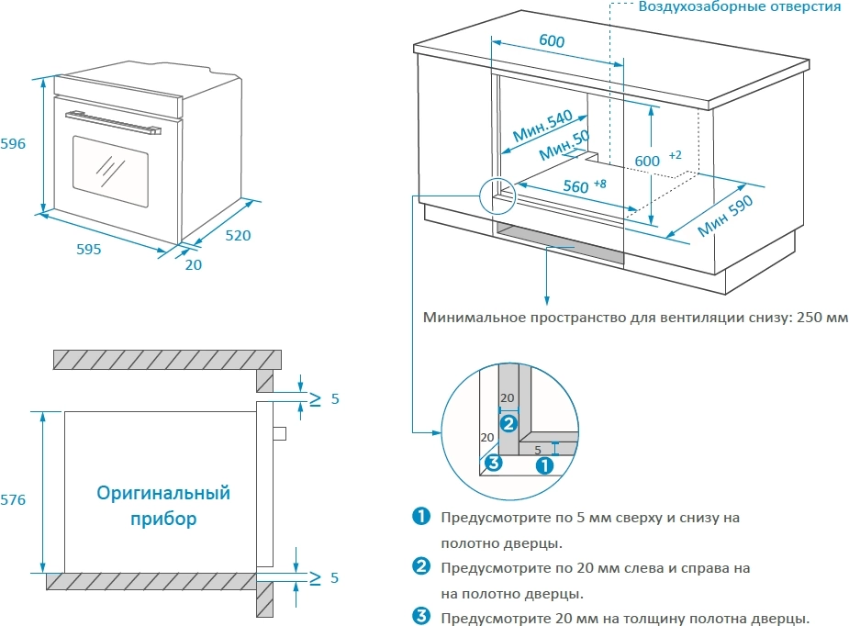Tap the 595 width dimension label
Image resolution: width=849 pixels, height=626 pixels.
tap(88, 249)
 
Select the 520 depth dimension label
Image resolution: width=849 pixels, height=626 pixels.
tap(238, 236)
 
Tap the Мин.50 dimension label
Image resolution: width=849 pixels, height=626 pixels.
tap(564, 145)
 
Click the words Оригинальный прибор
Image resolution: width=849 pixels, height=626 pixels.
tap(163, 506)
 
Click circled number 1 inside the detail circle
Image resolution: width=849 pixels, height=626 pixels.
tap(544, 464)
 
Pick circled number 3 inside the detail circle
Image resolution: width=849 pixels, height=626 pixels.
tap(493, 462)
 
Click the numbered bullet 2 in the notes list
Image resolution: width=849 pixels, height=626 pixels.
tap(421, 567)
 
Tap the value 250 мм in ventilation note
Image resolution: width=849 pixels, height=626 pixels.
tap(822, 319)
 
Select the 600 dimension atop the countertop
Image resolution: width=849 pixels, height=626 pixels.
tap(552, 41)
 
